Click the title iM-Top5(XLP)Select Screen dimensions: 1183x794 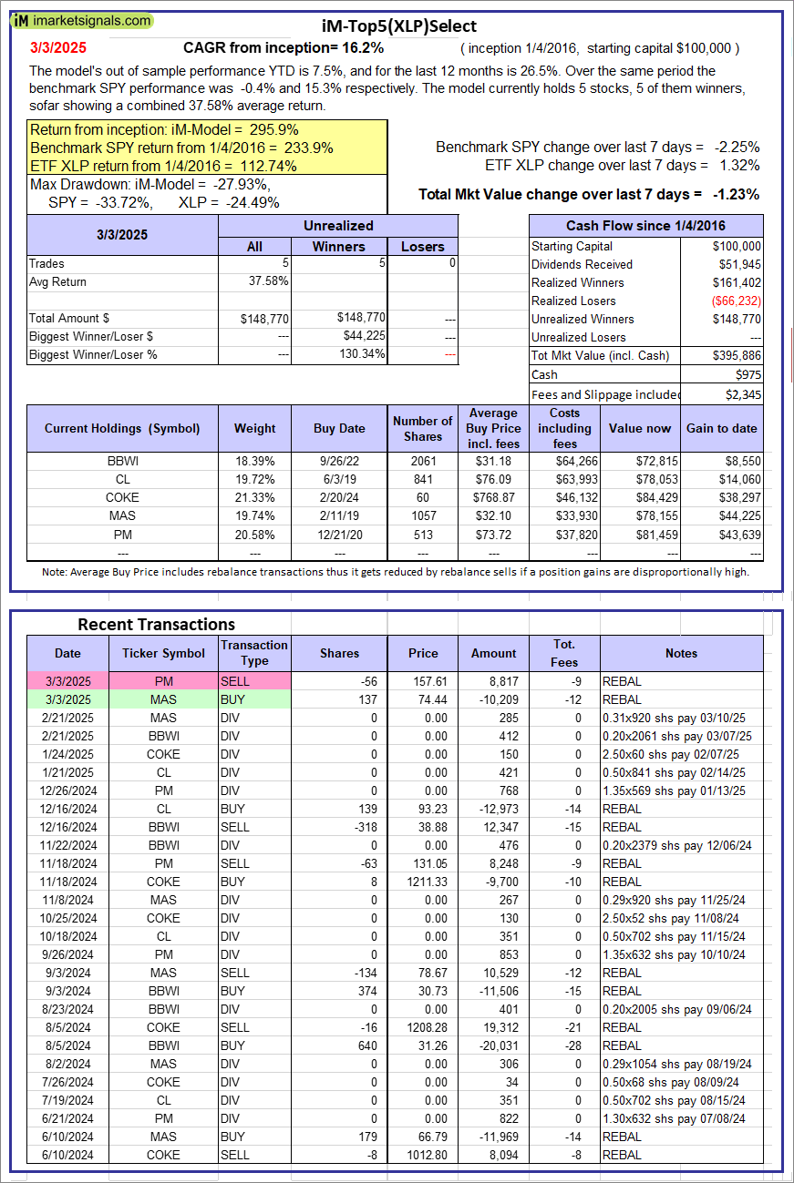pos(399,26)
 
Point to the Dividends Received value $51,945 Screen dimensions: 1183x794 pos(736,264)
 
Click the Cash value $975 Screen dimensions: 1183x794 pos(747,374)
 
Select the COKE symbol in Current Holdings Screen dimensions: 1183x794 pos(122,497)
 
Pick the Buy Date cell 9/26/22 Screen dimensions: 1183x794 pos(339,461)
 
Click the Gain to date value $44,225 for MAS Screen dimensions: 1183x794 pos(737,515)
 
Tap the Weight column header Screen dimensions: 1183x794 pos(254,428)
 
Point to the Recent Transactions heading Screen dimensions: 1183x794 pos(156,624)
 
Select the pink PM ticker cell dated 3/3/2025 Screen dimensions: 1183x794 pos(163,681)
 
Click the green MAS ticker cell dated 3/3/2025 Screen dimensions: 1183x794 pos(163,699)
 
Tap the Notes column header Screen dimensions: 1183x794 pos(681,653)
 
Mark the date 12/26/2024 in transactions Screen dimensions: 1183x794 pos(67,790)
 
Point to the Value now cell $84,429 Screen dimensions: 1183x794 pos(644,497)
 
